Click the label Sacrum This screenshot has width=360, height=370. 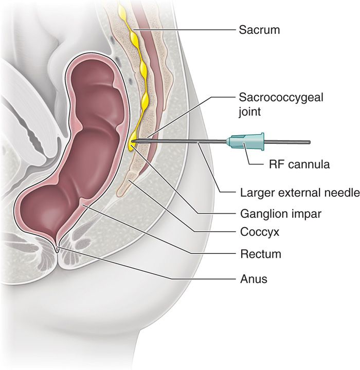259,29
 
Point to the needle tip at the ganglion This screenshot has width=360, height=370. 133,140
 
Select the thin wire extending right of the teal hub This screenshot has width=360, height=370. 288,141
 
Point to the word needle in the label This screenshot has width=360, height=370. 341,193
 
